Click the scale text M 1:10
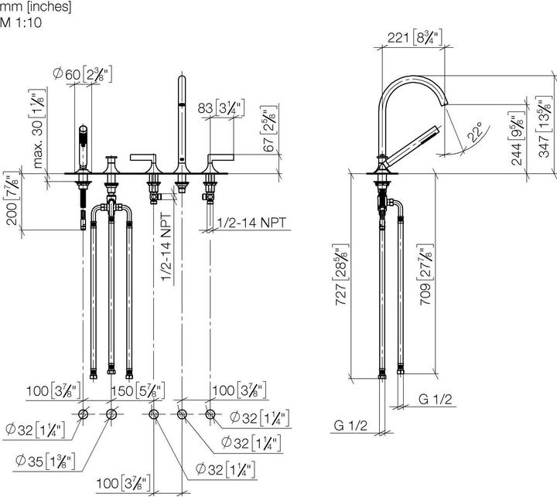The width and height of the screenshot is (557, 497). tap(21, 22)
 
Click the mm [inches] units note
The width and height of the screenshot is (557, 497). tap(36, 6)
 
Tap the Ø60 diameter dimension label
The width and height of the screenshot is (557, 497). tap(83, 74)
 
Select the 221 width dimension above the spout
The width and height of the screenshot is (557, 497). tap(415, 37)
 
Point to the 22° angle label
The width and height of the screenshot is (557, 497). tap(475, 131)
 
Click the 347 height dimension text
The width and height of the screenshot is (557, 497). tap(544, 127)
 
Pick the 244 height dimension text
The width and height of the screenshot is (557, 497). tap(517, 138)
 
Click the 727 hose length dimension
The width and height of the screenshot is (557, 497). tap(340, 274)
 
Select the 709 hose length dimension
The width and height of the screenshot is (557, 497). tap(425, 274)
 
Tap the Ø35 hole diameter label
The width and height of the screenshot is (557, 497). tap(45, 461)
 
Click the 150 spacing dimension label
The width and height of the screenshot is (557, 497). tap(138, 391)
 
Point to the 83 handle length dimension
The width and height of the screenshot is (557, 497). tap(221, 108)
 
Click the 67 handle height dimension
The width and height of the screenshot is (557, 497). tap(269, 129)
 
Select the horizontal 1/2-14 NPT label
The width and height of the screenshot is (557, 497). tap(251, 223)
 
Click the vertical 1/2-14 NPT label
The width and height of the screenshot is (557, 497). tap(166, 247)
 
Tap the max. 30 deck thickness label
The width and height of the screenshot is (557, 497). tap(38, 128)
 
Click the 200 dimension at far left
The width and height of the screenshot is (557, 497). tap(12, 199)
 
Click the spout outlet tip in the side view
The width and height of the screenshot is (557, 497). tap(444, 102)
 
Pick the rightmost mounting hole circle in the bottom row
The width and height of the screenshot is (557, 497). tap(210, 414)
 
